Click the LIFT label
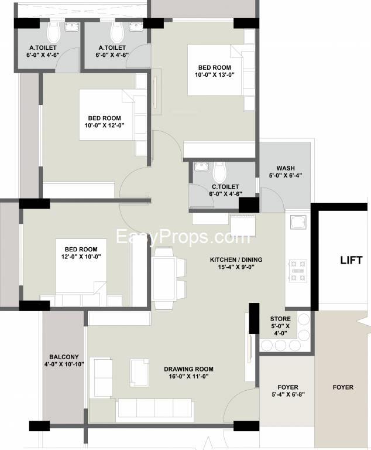(x=351, y=260)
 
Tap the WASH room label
(x=286, y=168)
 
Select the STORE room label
(x=280, y=319)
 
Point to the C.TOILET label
(x=225, y=186)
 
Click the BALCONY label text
(x=64, y=357)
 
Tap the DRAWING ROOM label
(x=188, y=369)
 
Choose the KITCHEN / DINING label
(x=236, y=260)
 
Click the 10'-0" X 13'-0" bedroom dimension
(x=215, y=75)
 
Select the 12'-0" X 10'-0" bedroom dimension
(x=81, y=257)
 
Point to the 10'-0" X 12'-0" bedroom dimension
(x=104, y=125)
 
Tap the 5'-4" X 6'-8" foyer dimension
(x=288, y=394)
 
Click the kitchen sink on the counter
(x=298, y=222)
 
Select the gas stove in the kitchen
(x=298, y=271)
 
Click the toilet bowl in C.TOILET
(x=220, y=171)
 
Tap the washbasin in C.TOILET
(x=202, y=166)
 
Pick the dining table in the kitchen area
(x=164, y=278)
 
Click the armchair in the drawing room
(x=140, y=373)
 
